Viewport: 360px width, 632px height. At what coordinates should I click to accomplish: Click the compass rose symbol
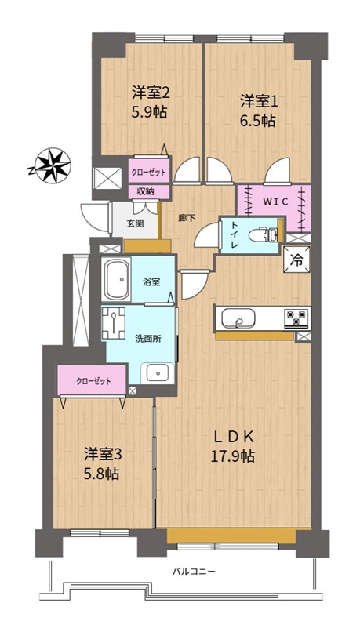(x=52, y=165)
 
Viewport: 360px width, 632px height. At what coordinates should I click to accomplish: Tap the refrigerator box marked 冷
(x=296, y=260)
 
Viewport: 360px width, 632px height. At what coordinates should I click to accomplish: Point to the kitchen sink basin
(x=238, y=318)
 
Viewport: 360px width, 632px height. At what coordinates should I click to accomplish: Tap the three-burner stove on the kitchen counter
(x=296, y=318)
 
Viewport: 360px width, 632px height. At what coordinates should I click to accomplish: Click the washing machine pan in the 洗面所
(x=115, y=323)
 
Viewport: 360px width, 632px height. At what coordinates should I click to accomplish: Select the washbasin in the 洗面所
(x=158, y=372)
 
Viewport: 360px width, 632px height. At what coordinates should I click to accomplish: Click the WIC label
(x=276, y=202)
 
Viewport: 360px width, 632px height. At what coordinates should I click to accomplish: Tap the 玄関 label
(x=136, y=224)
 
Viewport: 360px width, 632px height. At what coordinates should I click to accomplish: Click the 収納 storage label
(x=147, y=191)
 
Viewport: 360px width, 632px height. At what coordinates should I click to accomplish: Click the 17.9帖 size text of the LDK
(x=233, y=456)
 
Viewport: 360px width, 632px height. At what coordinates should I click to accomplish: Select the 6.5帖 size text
(x=258, y=120)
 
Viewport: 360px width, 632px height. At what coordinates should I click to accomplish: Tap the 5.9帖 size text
(x=150, y=111)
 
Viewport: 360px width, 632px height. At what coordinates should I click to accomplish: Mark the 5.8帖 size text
(x=101, y=474)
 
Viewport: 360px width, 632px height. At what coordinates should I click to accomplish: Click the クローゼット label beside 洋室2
(x=148, y=173)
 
